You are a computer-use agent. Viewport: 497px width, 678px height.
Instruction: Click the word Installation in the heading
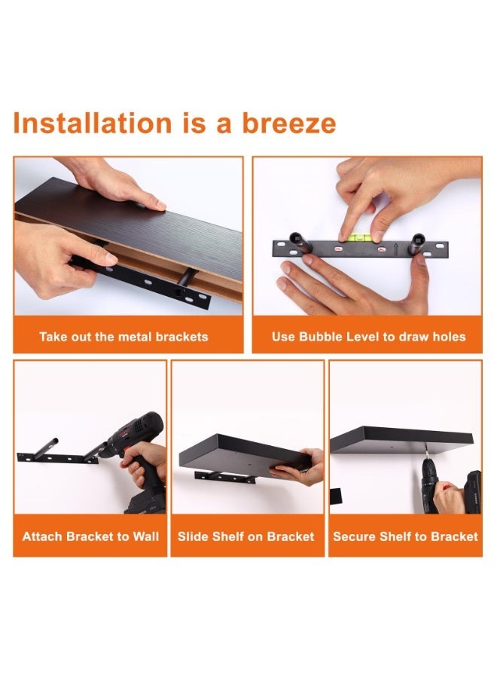[x=93, y=123]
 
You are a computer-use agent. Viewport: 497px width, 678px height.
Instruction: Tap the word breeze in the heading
[x=288, y=123]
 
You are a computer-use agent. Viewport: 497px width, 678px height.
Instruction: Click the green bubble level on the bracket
[x=358, y=237]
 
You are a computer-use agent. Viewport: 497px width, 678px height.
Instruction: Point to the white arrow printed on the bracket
[x=396, y=249]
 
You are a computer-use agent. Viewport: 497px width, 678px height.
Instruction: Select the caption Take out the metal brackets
[x=123, y=337]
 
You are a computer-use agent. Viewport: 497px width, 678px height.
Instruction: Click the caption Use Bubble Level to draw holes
[x=369, y=337]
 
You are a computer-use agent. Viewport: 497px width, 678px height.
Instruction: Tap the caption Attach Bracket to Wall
[x=90, y=536]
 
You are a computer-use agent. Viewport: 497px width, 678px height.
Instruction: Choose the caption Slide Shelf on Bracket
[x=246, y=536]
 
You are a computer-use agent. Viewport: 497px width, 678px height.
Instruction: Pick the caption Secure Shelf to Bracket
[x=405, y=536]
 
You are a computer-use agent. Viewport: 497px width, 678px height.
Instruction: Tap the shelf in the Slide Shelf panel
[x=244, y=454]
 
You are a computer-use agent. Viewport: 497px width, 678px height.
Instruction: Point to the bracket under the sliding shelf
[x=224, y=478]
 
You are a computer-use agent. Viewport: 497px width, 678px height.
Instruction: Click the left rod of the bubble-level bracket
[x=300, y=241]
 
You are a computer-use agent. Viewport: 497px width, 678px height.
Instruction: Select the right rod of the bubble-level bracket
[x=417, y=244]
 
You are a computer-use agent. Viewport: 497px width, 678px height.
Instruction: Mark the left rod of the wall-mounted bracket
[x=44, y=448]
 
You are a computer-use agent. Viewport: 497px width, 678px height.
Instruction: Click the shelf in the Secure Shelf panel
[x=401, y=440]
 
